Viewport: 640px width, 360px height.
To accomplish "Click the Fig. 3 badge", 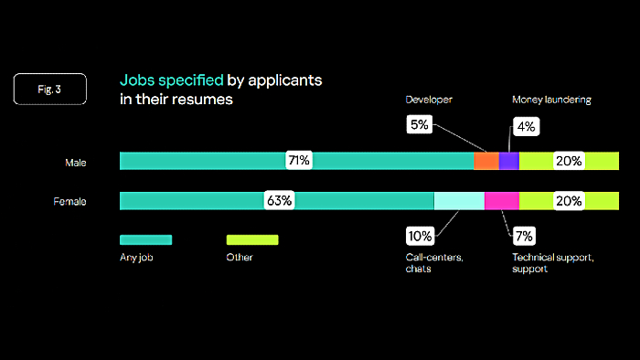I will (x=50, y=89).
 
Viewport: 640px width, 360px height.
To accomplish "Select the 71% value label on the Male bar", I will (x=298, y=161).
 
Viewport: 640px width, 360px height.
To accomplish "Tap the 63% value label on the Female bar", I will (x=279, y=201).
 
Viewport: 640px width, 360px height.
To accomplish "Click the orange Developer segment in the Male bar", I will (x=485, y=161).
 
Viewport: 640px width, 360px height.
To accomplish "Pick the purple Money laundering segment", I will (x=508, y=161).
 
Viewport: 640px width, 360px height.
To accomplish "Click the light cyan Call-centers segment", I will (x=459, y=201).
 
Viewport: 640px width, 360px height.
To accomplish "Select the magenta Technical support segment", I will (x=501, y=201).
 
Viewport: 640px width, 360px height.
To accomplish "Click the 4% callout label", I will (x=526, y=127).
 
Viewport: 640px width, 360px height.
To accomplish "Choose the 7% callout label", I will (x=524, y=236).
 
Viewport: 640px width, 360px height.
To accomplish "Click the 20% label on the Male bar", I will (x=569, y=161).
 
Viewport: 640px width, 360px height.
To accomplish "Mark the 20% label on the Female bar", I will (x=569, y=201).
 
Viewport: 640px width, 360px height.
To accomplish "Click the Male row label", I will (x=75, y=163).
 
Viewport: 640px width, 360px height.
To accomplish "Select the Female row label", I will (x=70, y=202).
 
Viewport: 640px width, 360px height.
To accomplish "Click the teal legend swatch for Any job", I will (x=145, y=239).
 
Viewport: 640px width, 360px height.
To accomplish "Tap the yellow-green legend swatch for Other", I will (x=251, y=239).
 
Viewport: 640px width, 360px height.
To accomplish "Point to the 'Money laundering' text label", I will (x=551, y=99).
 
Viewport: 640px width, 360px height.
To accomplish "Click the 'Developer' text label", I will (x=429, y=99).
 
